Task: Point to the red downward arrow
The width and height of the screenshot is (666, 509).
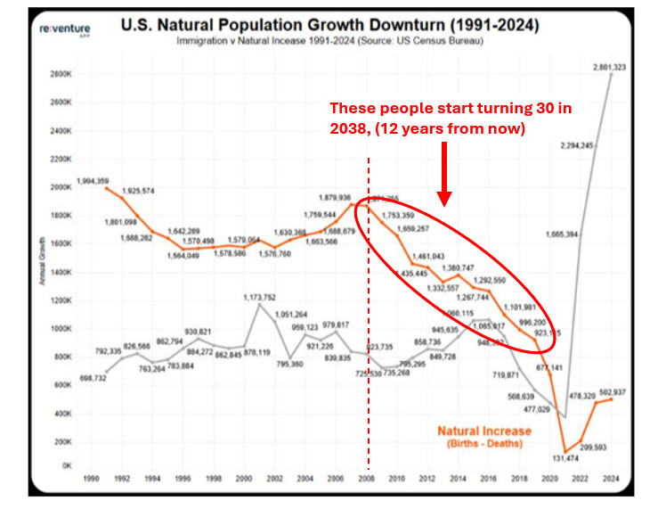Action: coord(444,173)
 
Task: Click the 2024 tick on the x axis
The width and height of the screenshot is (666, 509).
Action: coord(610,479)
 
